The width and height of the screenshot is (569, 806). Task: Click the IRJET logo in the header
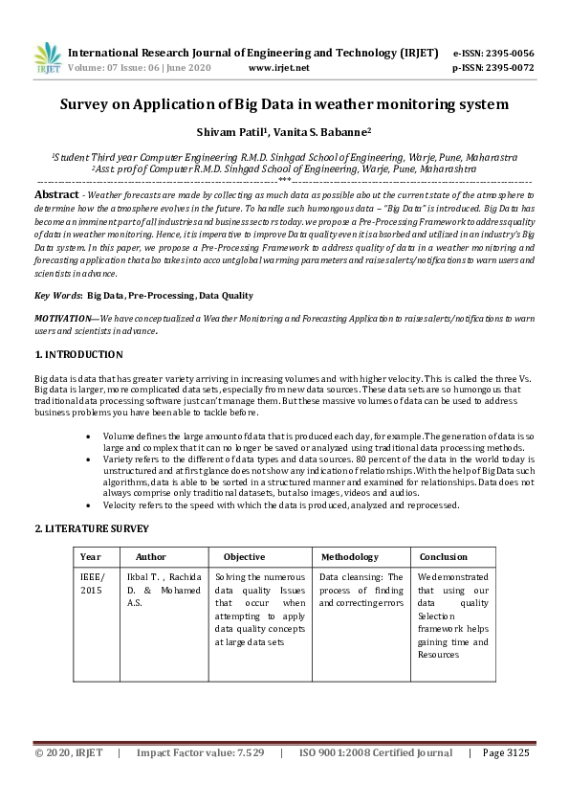pyautogui.click(x=48, y=58)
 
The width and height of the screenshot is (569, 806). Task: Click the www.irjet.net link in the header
pyautogui.click(x=278, y=68)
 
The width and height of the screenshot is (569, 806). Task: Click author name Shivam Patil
pyautogui.click(x=231, y=132)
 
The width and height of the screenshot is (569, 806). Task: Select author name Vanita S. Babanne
pyautogui.click(x=324, y=132)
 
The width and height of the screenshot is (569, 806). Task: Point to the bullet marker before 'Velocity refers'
pyautogui.click(x=88, y=504)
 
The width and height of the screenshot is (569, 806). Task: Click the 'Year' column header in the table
pyautogui.click(x=91, y=556)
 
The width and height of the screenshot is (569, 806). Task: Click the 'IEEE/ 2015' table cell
pyautogui.click(x=93, y=584)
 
